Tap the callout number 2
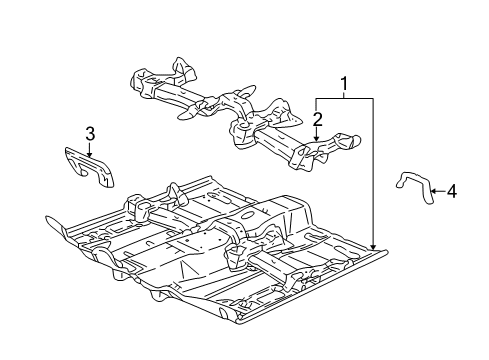click(316, 119)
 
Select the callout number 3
click(90, 133)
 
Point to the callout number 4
click(451, 190)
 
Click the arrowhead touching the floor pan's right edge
click(374, 248)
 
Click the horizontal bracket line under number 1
click(345, 98)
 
